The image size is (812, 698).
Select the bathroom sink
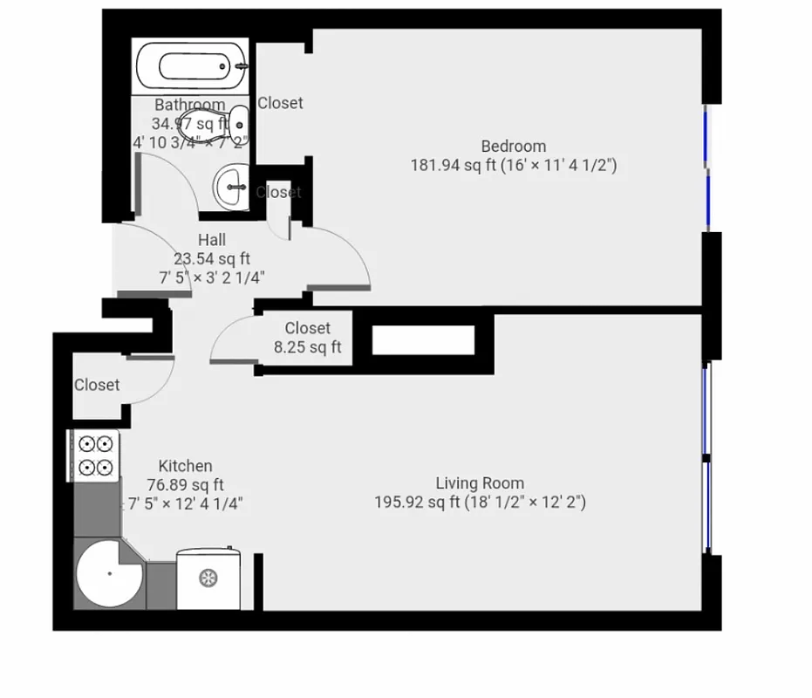click(230, 185)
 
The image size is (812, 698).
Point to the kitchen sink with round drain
click(208, 577)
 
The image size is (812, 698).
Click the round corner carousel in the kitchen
click(108, 574)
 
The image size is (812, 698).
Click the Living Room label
click(480, 482)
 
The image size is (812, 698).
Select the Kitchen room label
click(185, 466)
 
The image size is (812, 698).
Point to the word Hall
click(212, 240)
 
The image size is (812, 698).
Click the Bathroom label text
click(190, 105)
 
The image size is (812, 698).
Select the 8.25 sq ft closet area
click(307, 347)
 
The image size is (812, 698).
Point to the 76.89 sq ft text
click(184, 485)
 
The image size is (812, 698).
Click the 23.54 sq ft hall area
click(212, 258)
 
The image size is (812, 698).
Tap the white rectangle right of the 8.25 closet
click(423, 339)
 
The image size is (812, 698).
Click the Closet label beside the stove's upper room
click(97, 385)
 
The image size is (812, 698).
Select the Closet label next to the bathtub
click(280, 103)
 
